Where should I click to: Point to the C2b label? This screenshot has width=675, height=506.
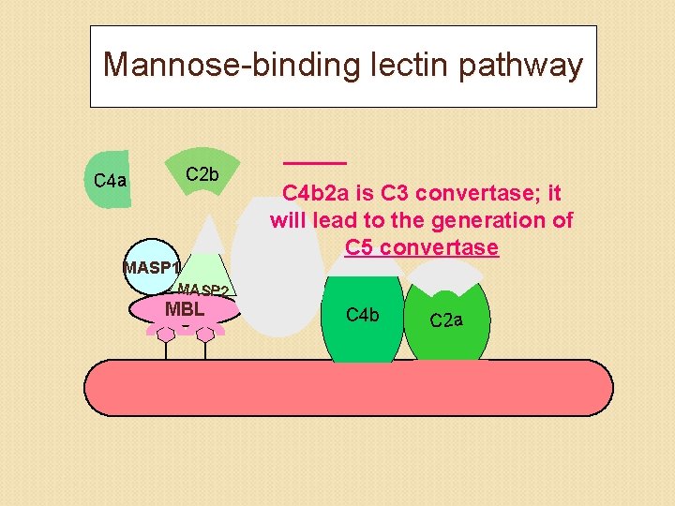(202, 174)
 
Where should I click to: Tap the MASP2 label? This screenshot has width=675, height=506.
(203, 290)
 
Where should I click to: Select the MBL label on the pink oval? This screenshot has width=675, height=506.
(185, 308)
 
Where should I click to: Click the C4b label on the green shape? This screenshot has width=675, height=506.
(362, 315)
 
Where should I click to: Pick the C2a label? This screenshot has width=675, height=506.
(446, 320)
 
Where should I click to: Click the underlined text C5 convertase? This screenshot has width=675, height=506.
(421, 248)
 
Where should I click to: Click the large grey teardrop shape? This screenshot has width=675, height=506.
(277, 281)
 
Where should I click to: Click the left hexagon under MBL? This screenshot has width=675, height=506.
(166, 333)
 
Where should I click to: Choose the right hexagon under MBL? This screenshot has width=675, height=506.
(205, 333)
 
